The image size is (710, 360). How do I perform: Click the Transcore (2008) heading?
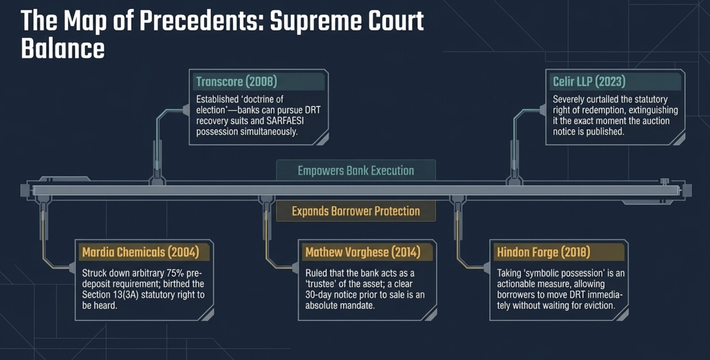coord(237,82)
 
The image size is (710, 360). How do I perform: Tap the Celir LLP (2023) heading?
coord(589,82)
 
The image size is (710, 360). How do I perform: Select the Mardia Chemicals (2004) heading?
coord(141,252)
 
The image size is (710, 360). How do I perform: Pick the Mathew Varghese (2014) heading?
coord(363,252)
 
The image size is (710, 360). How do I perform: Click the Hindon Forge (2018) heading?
coord(544,252)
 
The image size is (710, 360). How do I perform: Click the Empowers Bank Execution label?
coord(356,170)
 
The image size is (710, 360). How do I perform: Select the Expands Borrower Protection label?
coord(356,211)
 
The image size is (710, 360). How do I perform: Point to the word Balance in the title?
coord(63,49)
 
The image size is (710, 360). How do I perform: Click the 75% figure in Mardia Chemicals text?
coord(175,273)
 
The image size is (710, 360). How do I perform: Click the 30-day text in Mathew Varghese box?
coord(318,295)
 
